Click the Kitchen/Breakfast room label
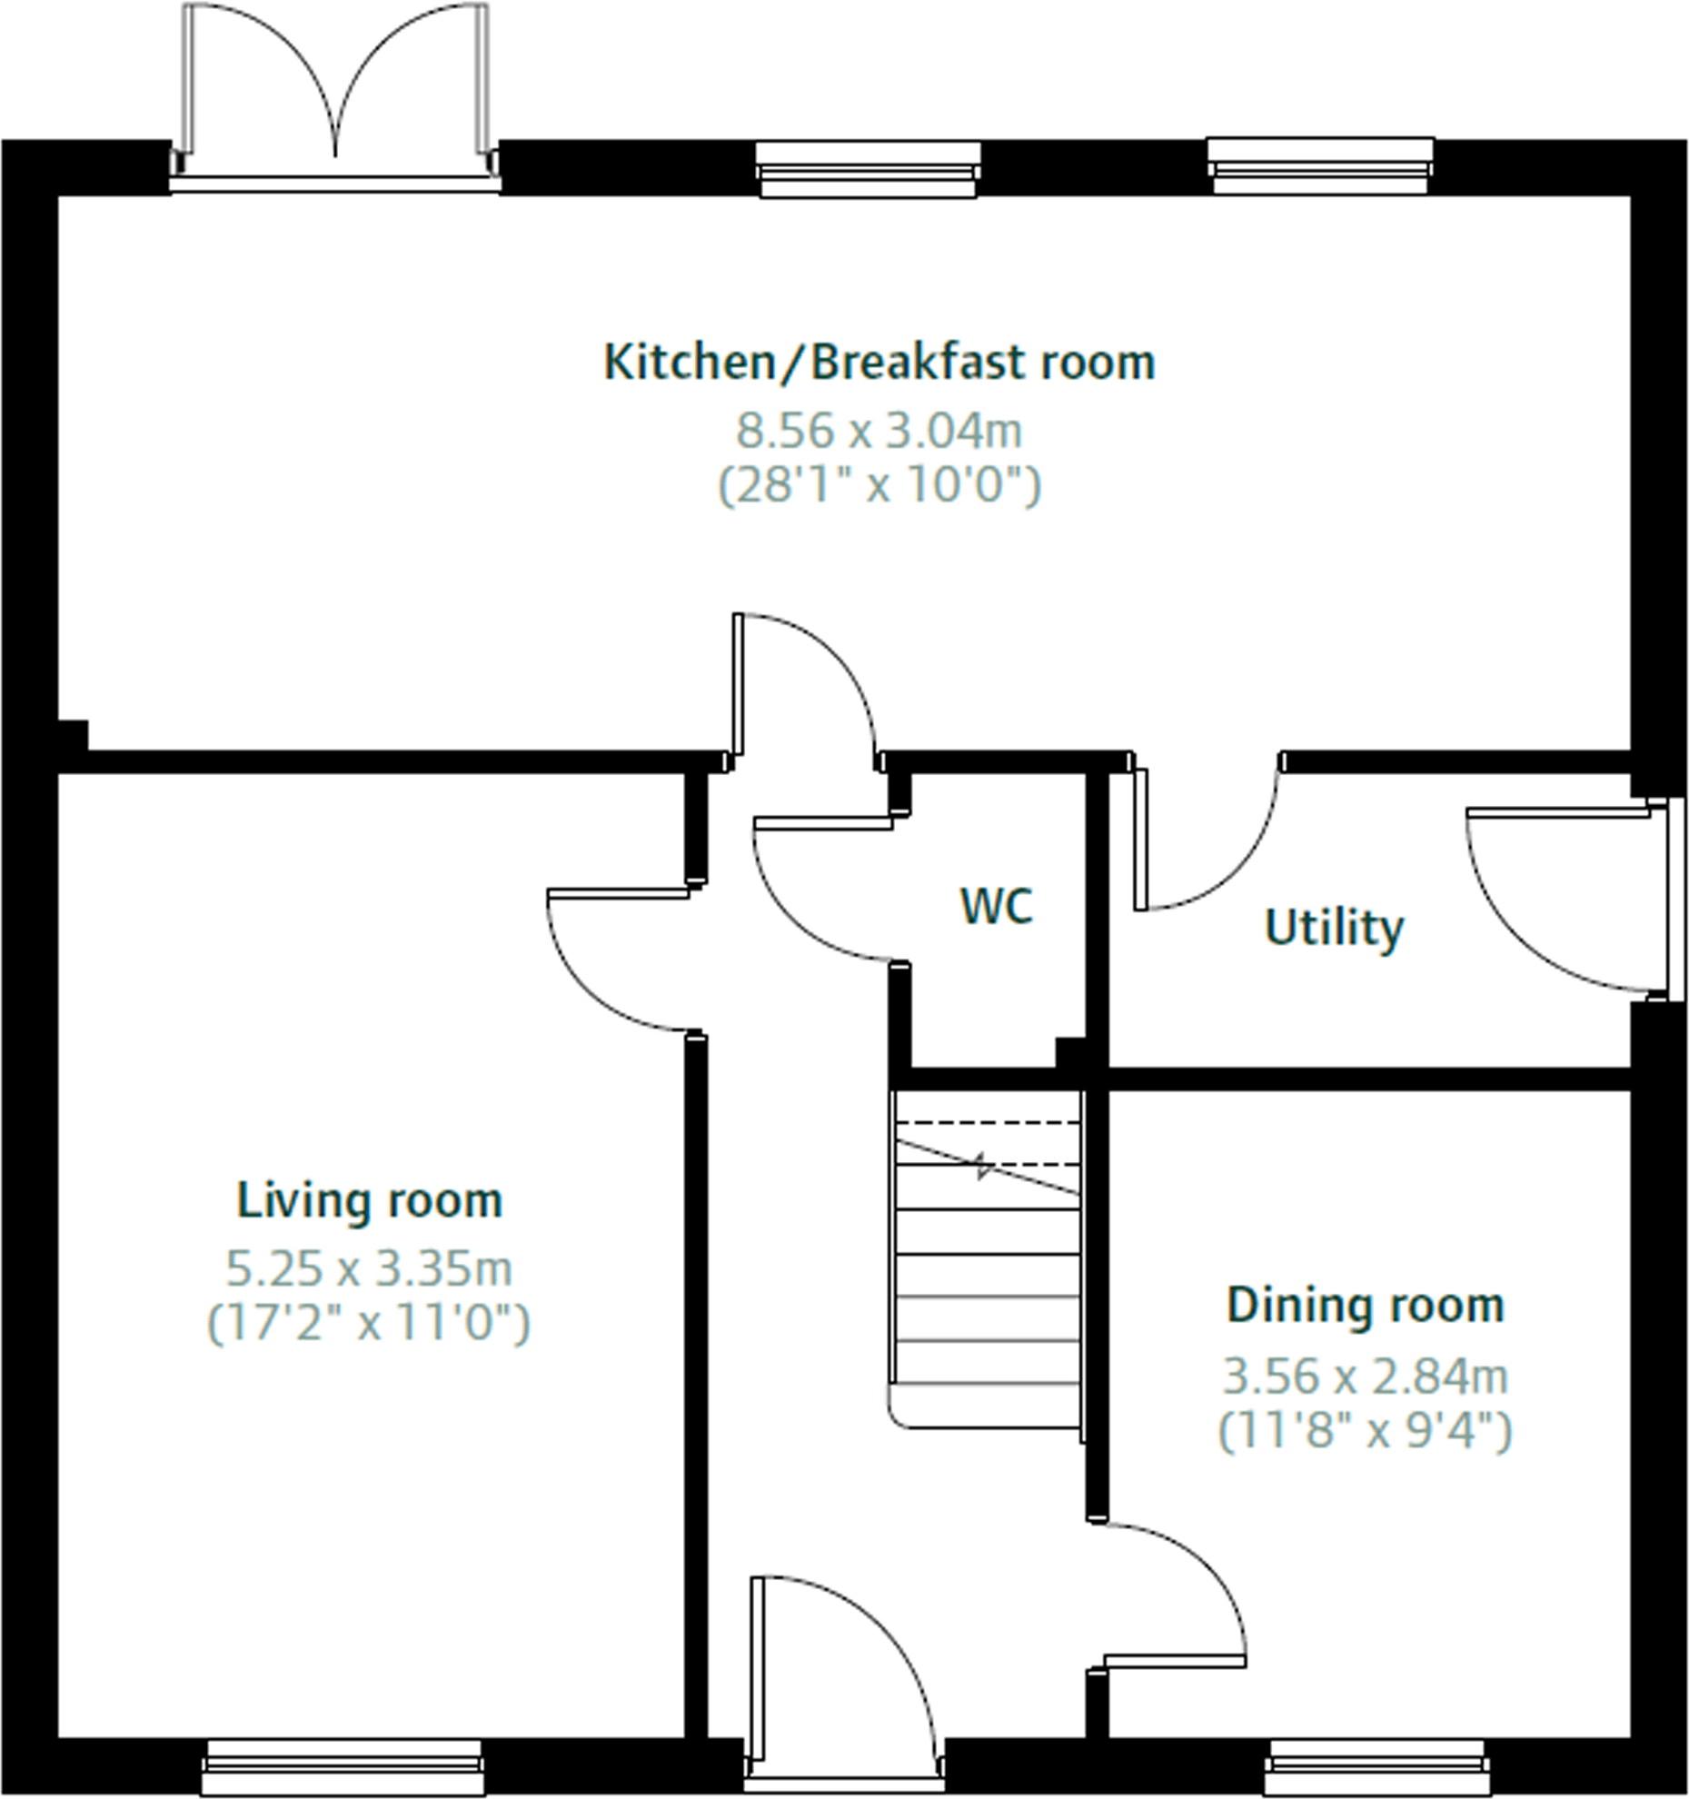pos(879,363)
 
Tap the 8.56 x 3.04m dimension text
pos(879,431)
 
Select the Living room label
pos(369,1201)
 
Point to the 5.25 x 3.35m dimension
pos(369,1268)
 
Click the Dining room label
pos(1366,1306)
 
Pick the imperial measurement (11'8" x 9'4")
pos(1365,1432)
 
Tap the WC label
pos(996,906)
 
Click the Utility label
pos(1334,928)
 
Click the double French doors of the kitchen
pos(335,91)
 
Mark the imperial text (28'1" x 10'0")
pos(879,485)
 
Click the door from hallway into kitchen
pos(804,681)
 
